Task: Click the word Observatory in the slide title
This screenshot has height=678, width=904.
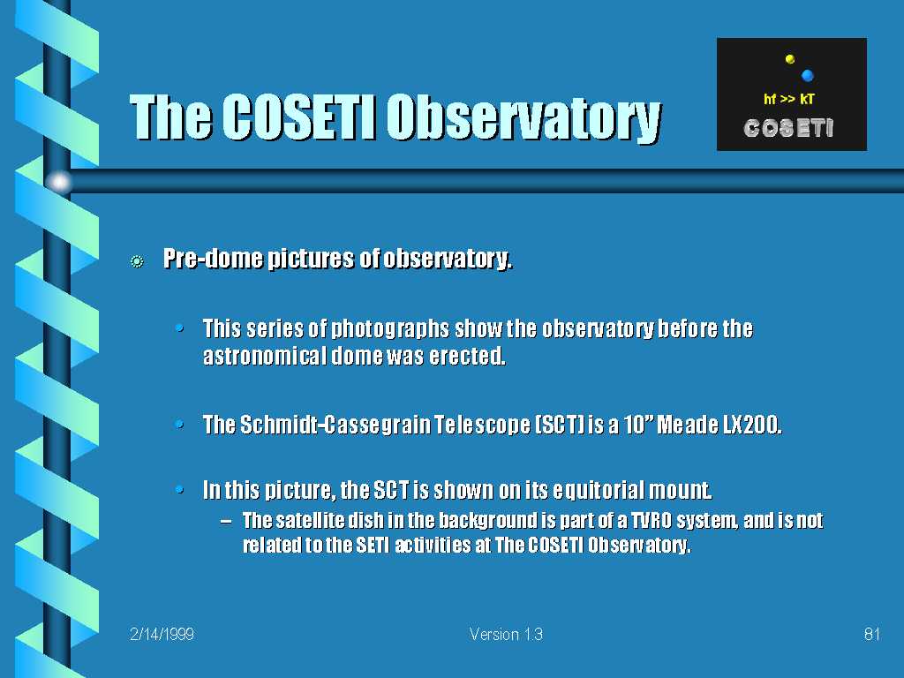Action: coord(524,117)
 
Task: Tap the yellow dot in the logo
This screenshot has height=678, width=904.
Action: coord(790,59)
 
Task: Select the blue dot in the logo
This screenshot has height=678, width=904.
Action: coord(807,75)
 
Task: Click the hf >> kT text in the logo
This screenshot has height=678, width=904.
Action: coord(788,99)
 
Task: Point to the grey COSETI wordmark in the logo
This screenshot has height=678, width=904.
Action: coord(788,128)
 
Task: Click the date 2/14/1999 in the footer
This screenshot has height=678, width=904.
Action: coord(162,634)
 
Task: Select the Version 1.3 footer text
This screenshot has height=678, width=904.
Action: coord(506,634)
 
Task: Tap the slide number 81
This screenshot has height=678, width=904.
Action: coord(871,634)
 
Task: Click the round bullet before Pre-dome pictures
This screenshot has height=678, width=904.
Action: coord(137,261)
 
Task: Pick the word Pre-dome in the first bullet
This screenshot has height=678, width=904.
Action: coord(214,259)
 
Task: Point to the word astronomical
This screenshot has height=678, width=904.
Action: coord(265,356)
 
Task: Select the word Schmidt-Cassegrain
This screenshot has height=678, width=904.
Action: coord(335,425)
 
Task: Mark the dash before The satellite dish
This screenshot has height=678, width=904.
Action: coord(227,521)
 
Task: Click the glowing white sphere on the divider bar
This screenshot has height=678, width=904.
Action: coord(59,182)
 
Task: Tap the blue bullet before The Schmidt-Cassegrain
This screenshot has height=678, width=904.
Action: coord(180,426)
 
